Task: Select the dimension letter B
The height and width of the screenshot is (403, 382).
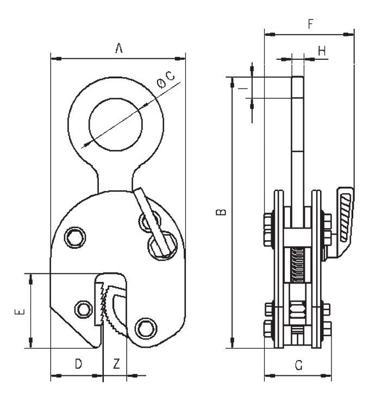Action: click(x=221, y=212)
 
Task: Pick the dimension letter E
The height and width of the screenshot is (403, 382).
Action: click(x=20, y=312)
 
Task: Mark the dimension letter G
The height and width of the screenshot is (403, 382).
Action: click(x=298, y=366)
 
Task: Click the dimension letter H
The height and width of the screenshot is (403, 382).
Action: click(x=322, y=51)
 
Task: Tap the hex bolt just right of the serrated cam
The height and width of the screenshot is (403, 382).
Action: click(x=145, y=328)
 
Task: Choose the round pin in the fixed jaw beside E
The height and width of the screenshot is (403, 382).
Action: click(x=83, y=308)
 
